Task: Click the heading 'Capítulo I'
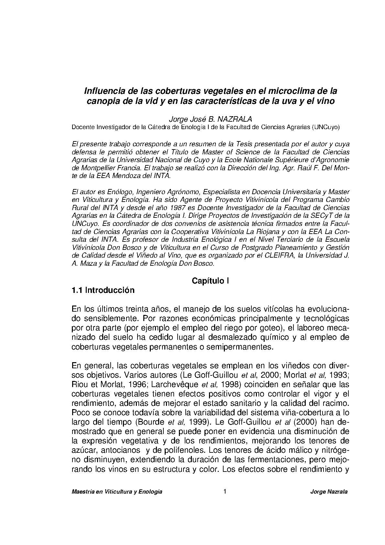pyautogui.click(x=210, y=281)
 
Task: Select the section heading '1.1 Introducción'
pyautogui.click(x=103, y=290)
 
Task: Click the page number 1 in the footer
pyautogui.click(x=225, y=492)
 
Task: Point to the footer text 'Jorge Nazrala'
pyautogui.click(x=329, y=492)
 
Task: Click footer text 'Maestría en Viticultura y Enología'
pyautogui.click(x=117, y=492)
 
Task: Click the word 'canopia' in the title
pyautogui.click(x=104, y=101)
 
